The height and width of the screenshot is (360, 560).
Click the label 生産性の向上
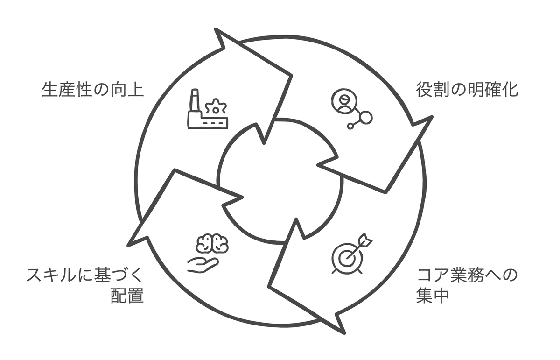point(92,90)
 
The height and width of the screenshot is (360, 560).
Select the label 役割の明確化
point(467,90)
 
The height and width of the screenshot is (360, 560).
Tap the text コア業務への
point(467,276)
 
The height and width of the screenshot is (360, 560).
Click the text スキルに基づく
point(84,276)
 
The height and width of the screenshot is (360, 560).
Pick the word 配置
point(127,296)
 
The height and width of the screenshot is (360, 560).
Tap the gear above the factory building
point(216,107)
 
